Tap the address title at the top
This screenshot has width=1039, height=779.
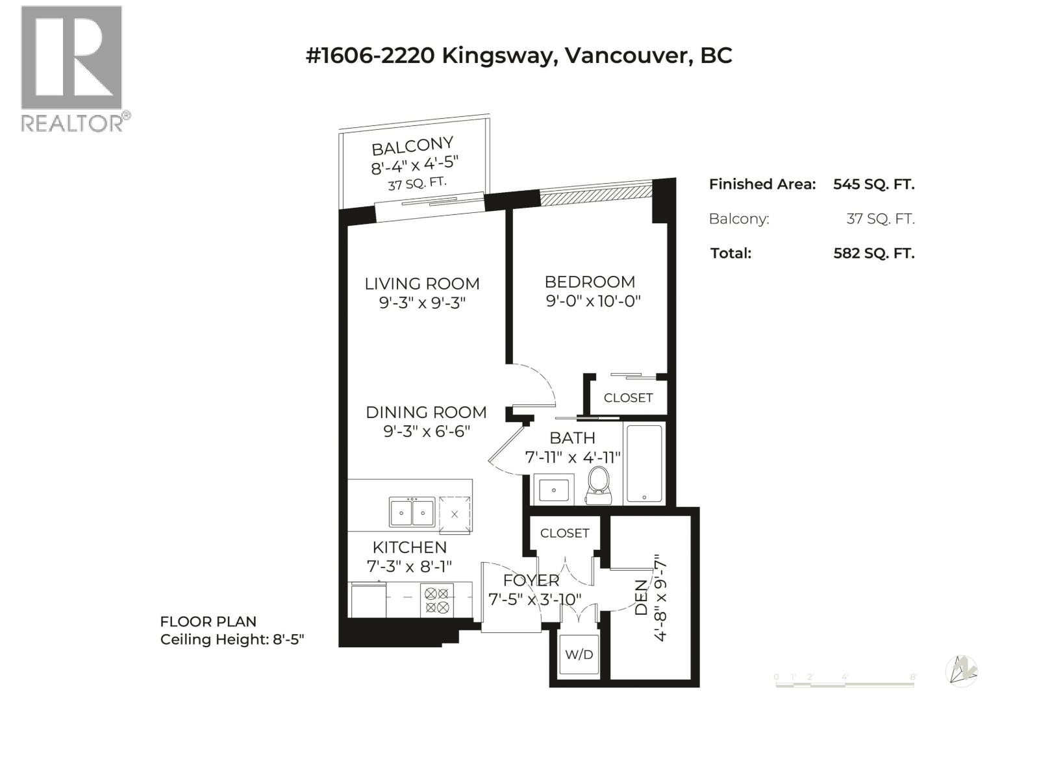519,55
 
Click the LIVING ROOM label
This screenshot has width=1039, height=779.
421,284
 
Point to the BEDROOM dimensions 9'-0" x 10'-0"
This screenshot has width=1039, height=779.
593,301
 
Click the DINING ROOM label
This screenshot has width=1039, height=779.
426,412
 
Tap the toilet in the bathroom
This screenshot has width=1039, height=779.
598,486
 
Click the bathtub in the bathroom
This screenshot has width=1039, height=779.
644,464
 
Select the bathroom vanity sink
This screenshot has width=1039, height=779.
553,489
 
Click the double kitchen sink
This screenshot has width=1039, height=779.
412,512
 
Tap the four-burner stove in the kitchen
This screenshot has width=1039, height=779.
436,600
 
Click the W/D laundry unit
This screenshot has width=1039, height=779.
579,654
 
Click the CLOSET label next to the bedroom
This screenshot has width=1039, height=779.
628,398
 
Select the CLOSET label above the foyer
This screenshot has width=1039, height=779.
564,533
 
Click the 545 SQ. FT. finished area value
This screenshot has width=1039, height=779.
874,184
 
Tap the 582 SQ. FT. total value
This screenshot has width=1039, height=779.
874,254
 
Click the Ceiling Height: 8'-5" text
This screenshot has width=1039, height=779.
232,639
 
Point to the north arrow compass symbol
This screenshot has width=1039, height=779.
961,671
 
